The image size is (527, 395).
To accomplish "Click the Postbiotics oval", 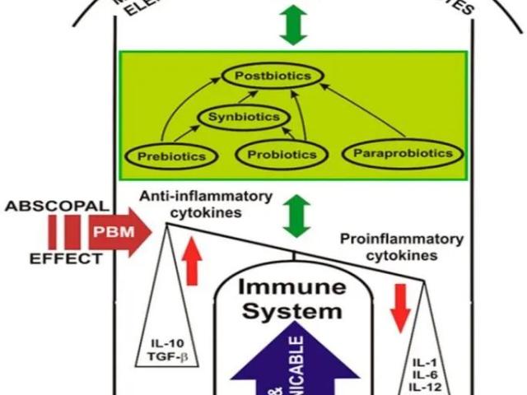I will click(x=273, y=77).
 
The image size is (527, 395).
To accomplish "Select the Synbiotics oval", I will click(x=239, y=117).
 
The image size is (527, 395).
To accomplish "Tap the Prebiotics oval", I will click(x=170, y=154).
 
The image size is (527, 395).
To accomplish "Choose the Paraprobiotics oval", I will click(x=403, y=152).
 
